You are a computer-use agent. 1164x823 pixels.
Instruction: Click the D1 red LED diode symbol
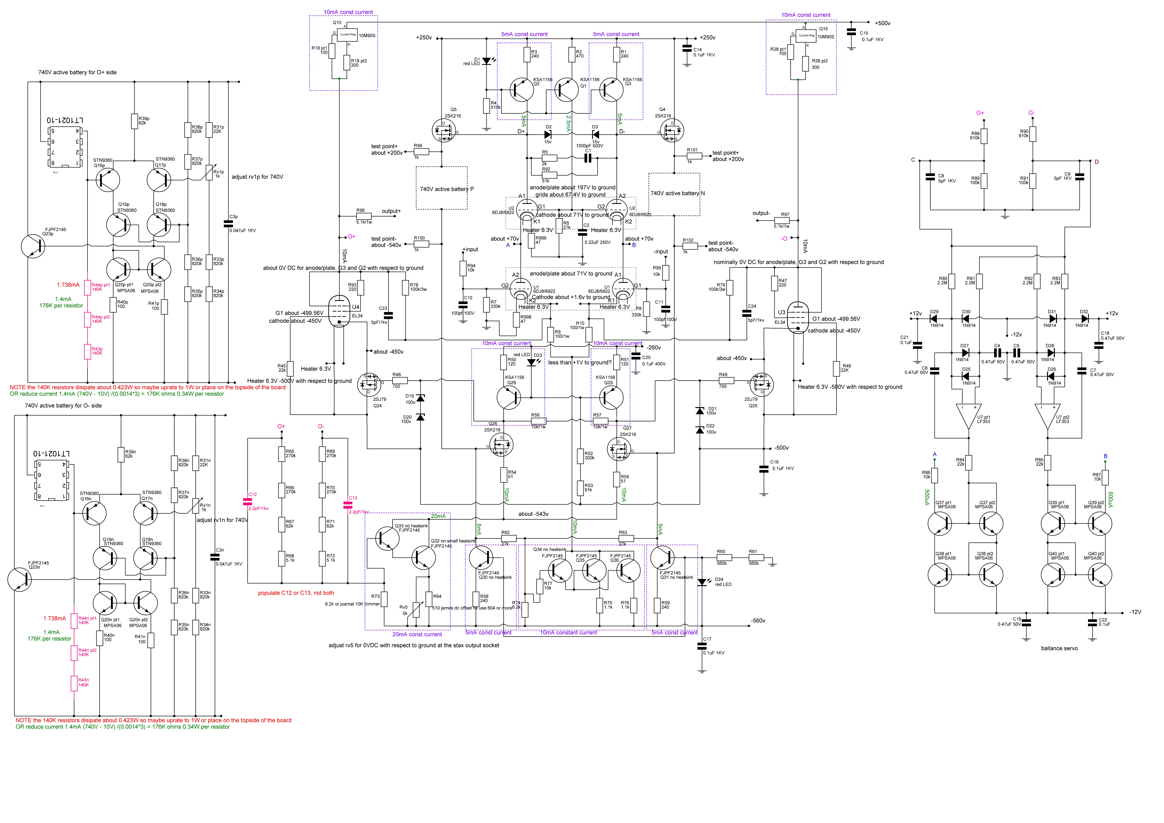pos(487,61)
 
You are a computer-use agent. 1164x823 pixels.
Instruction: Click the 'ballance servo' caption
pos(1059,649)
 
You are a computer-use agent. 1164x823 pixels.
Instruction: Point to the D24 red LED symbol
pos(702,582)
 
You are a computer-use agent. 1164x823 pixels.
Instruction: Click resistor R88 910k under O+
pos(984,136)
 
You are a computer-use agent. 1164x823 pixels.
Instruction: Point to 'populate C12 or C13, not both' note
pos(296,593)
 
